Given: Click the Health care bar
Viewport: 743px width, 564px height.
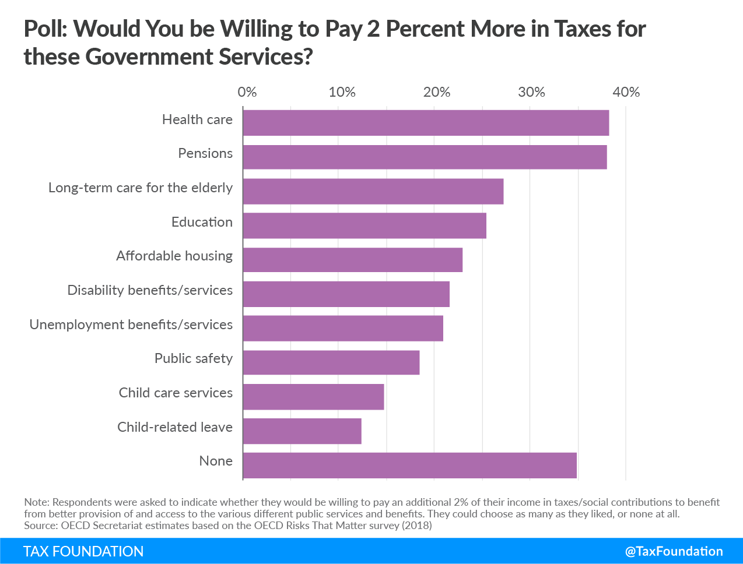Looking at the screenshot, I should [426, 123].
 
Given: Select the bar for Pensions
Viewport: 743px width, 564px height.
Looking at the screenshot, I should [425, 157].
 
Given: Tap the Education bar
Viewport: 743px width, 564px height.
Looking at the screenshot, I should [365, 225].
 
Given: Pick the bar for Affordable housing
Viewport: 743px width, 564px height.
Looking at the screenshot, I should [353, 260].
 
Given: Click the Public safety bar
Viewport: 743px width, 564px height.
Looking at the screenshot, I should [331, 362].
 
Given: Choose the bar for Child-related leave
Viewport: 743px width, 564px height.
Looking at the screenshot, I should [302, 431].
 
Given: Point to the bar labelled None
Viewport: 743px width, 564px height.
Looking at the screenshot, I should [409, 466].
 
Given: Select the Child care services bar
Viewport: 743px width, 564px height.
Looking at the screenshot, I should [313, 397].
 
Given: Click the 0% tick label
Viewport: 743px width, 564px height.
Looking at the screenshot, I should [247, 92].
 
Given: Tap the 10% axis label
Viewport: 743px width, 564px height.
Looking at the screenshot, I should [342, 92].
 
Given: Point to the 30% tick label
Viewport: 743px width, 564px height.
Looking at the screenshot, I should [531, 92].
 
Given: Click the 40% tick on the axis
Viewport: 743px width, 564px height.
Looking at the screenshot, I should [626, 92].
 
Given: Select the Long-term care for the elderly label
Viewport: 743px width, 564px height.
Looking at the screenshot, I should [141, 188].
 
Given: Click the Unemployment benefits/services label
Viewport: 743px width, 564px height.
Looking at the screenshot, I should [131, 325].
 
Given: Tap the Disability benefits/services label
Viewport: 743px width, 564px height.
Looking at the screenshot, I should [150, 290].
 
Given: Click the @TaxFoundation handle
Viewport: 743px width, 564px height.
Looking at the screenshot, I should [674, 551].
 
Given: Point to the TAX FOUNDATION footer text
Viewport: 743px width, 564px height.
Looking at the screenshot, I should [83, 551].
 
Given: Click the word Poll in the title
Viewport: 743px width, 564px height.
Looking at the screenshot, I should [45, 29].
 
